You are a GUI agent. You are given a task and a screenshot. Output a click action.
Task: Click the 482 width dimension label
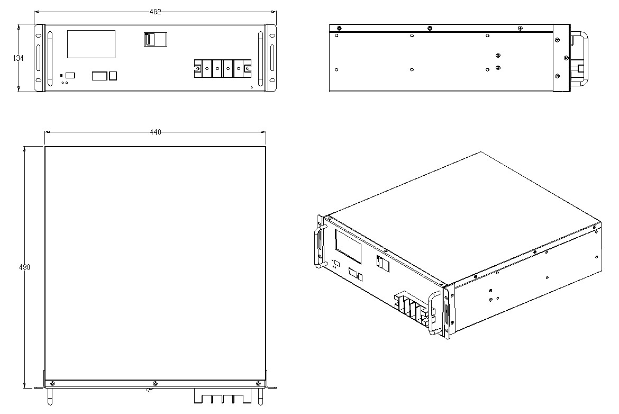click(155, 12)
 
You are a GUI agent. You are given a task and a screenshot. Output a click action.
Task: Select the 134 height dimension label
click(18, 58)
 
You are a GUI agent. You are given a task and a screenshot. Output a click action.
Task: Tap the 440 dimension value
click(156, 132)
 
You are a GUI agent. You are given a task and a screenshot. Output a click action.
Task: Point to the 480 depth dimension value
click(24, 267)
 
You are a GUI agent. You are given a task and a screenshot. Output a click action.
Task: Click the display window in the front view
click(91, 44)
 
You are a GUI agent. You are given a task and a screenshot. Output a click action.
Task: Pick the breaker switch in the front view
click(155, 40)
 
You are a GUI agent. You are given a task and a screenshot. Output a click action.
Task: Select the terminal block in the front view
click(223, 68)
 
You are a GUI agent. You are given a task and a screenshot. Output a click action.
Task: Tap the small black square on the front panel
click(61, 75)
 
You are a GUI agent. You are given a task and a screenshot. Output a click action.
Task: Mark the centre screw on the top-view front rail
click(155, 384)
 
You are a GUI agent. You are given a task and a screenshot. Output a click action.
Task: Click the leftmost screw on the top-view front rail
click(53, 384)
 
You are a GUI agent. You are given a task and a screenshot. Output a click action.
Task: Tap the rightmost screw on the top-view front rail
click(258, 384)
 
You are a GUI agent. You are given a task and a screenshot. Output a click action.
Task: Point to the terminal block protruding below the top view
click(223, 398)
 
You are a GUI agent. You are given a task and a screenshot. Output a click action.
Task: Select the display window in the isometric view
click(348, 247)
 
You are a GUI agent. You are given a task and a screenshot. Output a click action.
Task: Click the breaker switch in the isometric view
click(383, 264)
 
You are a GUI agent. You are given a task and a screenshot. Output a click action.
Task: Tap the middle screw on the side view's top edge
click(430, 28)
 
